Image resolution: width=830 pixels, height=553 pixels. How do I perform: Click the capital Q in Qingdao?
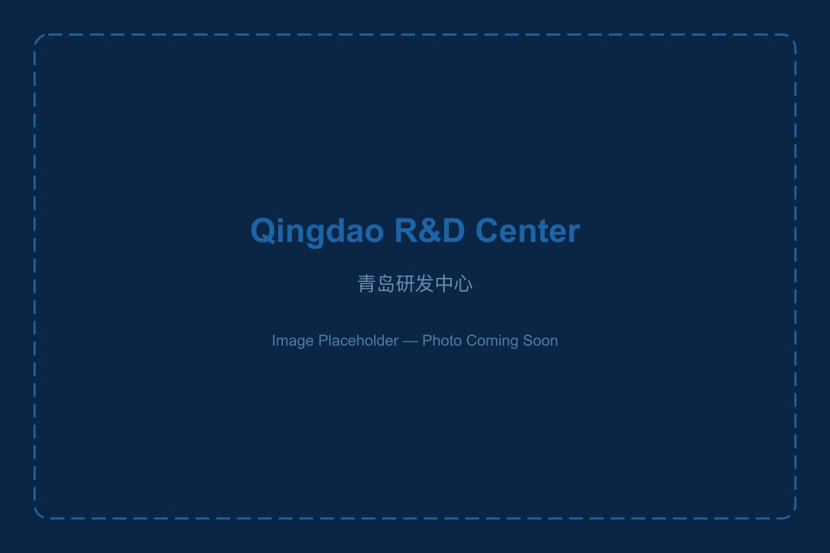[264, 231]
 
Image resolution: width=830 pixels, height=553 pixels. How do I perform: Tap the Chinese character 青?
[367, 283]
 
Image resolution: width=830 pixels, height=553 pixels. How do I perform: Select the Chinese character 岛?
[386, 283]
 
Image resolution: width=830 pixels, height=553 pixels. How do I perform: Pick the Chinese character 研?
[405, 283]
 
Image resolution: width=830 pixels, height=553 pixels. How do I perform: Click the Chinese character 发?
[425, 283]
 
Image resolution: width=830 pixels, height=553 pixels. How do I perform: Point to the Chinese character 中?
[444, 283]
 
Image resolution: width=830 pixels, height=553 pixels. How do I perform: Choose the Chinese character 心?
[463, 283]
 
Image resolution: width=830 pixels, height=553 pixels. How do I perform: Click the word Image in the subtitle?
[292, 341]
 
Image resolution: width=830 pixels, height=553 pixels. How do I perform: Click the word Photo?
[442, 341]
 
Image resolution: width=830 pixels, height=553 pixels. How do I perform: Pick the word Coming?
[490, 341]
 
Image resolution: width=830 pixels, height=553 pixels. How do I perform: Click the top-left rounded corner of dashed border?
[39, 39]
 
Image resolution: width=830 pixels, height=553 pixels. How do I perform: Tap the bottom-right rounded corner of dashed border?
[791, 514]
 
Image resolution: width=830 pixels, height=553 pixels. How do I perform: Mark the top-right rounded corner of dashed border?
[791, 39]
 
